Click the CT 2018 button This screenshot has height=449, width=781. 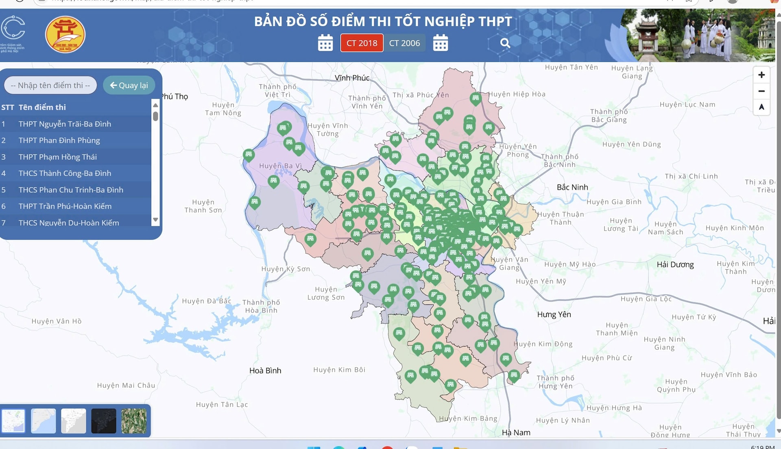point(362,43)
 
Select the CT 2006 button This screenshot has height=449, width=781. point(404,43)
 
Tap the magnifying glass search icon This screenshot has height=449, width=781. point(505,43)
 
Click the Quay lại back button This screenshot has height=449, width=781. point(129,85)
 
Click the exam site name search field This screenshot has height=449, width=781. point(50,85)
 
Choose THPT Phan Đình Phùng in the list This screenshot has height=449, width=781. point(59,140)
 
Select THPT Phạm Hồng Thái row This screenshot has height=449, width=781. point(58,157)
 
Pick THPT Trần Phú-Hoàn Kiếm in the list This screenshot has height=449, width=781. point(65,206)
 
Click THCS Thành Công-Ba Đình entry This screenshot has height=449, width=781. point(65,173)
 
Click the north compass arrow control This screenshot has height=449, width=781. point(761,107)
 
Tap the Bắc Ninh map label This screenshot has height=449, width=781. point(572,187)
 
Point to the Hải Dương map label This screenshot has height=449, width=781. point(675,265)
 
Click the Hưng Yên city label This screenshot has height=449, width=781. point(554,314)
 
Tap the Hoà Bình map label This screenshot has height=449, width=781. point(265,370)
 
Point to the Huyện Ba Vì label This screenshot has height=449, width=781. point(280,166)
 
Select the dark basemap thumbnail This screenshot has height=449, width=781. point(104,421)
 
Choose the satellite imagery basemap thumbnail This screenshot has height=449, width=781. point(134,421)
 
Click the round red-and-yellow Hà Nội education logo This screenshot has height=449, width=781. point(65,35)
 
